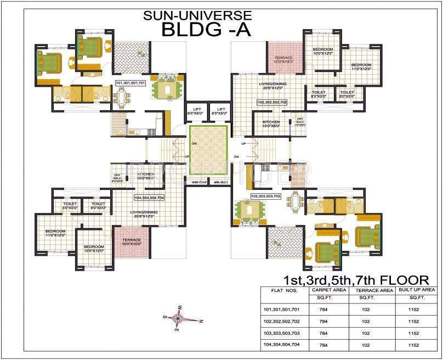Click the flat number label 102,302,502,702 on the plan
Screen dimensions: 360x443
[x=272, y=102]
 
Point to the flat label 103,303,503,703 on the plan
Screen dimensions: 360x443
[x=265, y=196]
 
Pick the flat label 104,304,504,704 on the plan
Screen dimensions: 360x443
[x=149, y=196]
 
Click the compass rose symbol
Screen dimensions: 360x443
[x=181, y=318]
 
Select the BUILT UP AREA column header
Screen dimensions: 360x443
[x=417, y=289]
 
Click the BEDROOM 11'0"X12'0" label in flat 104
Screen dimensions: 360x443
[x=55, y=233]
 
